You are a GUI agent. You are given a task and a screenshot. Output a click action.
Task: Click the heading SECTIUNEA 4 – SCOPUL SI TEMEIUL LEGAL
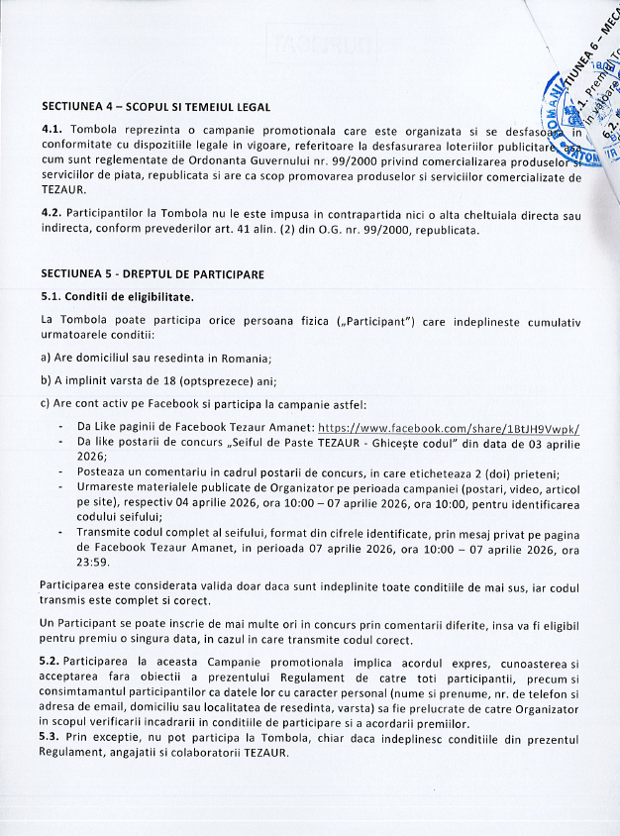point(155,107)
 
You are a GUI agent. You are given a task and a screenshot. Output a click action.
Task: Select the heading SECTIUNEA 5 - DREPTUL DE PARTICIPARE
point(154,272)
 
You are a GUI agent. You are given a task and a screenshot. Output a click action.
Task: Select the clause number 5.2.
point(52,660)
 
